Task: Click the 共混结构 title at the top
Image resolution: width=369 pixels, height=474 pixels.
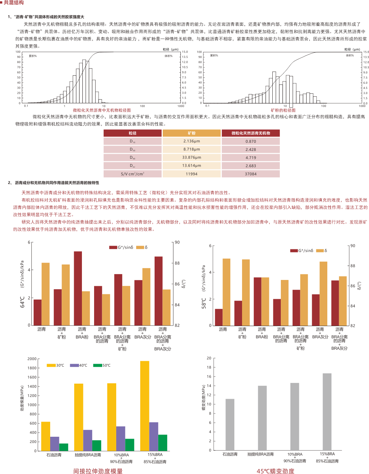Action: pos(14,3)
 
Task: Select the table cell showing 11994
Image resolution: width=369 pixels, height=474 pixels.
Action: pos(192,174)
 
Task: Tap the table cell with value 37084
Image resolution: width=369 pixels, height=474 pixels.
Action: pos(251,174)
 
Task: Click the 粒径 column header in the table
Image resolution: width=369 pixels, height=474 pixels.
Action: pos(132,133)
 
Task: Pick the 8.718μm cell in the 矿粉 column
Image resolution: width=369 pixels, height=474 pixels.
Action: pos(192,149)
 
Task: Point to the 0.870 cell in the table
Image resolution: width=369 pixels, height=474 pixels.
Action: pos(251,141)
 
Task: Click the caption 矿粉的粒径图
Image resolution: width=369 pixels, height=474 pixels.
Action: pos(283,110)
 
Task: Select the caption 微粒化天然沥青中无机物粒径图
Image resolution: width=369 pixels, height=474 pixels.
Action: pos(101,110)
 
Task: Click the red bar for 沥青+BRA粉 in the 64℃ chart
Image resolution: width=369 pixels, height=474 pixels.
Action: pos(78,288)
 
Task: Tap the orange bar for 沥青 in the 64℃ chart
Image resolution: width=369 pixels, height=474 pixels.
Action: pos(45,294)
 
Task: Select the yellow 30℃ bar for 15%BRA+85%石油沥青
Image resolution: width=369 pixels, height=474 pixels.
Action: pos(145,406)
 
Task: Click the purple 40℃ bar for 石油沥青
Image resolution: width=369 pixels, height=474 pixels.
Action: pos(55,444)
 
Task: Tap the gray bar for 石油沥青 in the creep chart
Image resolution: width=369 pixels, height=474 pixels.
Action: pos(230,424)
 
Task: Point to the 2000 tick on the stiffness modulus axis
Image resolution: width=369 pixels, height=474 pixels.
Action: pos(32,359)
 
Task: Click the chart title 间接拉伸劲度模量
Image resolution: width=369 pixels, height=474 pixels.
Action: pos(98,471)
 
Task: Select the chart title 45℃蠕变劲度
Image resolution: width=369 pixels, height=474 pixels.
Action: pos(276,471)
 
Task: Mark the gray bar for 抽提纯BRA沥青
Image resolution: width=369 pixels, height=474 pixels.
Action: pos(262,418)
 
